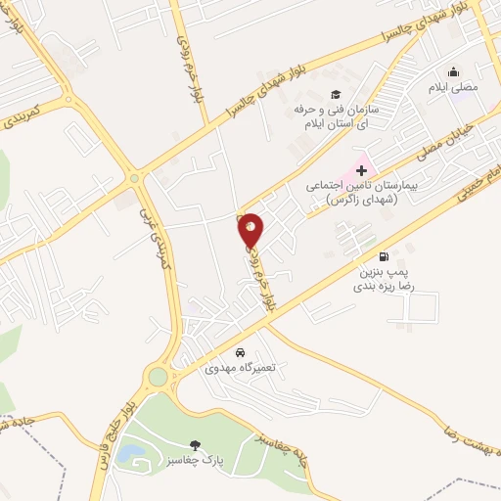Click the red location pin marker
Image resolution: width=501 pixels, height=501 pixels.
250,228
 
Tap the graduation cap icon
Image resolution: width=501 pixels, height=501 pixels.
336,94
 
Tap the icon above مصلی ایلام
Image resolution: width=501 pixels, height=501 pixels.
453,72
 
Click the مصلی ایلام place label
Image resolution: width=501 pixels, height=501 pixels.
452,88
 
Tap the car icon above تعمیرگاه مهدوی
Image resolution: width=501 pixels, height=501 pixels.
240,352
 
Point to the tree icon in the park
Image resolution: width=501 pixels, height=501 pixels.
196,445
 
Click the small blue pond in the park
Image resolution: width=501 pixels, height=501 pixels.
135,455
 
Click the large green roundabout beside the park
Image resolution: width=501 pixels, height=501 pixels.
158,377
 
